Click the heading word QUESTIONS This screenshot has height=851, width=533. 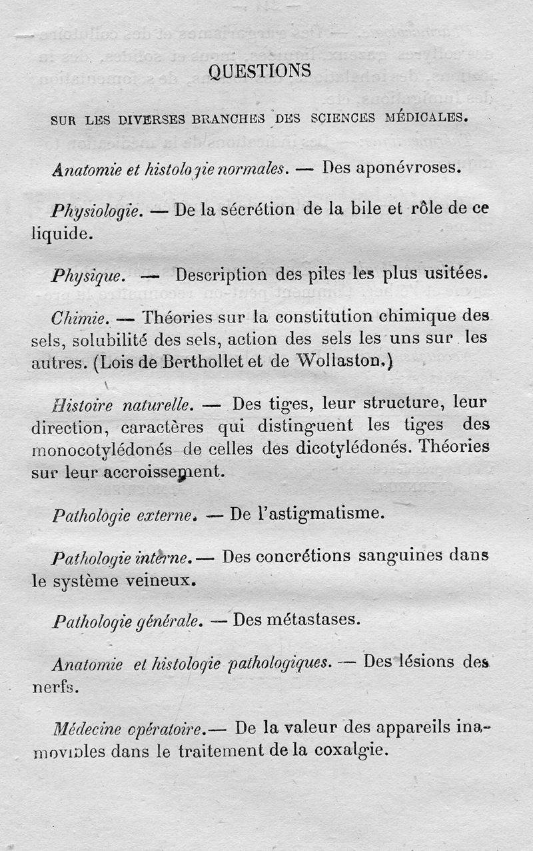pyautogui.click(x=259, y=71)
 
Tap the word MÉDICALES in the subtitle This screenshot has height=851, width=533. pyautogui.click(x=425, y=118)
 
